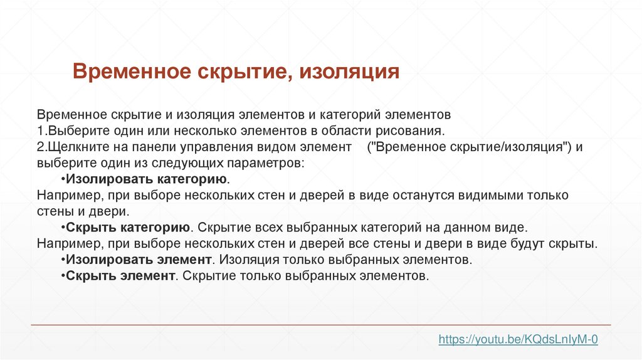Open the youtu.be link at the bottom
click(x=518, y=339)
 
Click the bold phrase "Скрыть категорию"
click(x=128, y=227)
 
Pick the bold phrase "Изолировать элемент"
click(x=137, y=259)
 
